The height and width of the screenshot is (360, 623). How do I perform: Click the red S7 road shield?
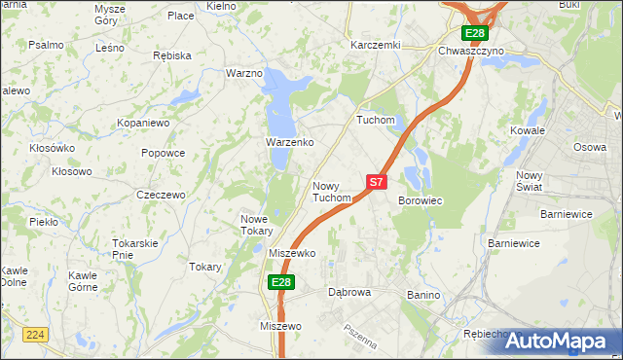377,181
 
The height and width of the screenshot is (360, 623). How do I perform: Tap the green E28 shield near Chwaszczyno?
474,33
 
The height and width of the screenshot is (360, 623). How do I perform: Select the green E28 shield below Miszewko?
280,282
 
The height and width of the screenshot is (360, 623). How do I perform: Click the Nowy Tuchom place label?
331,192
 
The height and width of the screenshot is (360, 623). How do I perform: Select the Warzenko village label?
289,142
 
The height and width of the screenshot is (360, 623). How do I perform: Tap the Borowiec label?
421,200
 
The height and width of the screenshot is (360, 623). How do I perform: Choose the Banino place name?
424,295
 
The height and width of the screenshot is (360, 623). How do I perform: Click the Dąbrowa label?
350,291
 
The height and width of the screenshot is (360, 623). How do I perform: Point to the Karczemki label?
376,45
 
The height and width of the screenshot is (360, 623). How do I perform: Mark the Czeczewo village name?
161,195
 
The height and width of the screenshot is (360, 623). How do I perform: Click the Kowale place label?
528,129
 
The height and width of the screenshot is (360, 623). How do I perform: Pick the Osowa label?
589,147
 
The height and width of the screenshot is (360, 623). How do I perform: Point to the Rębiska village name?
172,55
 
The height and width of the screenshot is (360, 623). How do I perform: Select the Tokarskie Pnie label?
135,248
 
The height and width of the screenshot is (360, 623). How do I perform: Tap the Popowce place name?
163,153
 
